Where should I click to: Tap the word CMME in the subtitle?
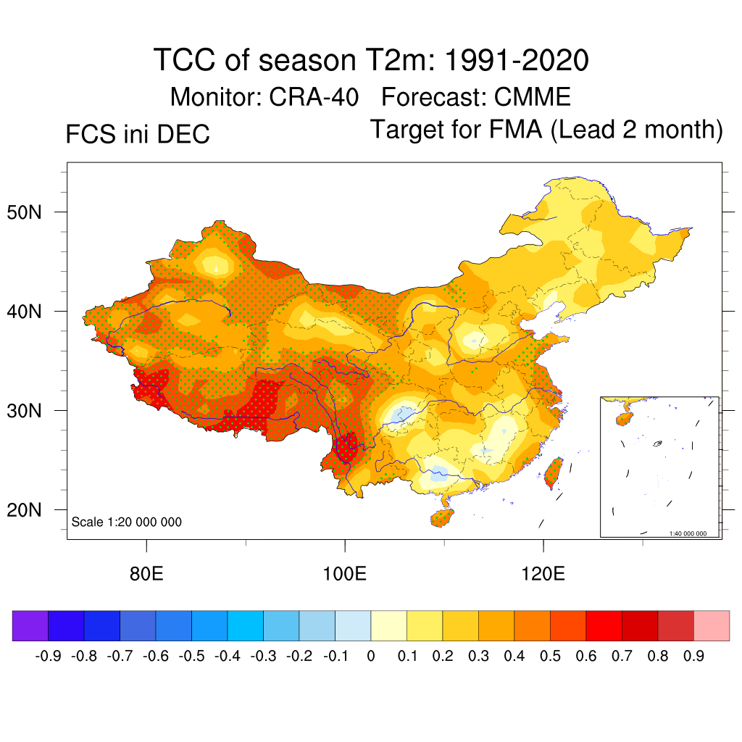pos(532,96)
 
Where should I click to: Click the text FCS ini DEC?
pos(138,135)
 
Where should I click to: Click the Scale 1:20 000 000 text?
pos(127,522)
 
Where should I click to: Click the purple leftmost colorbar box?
pos(30,625)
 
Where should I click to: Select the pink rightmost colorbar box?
pos(712,625)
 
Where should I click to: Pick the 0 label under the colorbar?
pos(371,656)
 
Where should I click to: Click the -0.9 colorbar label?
pos(48,656)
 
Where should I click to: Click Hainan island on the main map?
pos(442,517)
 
